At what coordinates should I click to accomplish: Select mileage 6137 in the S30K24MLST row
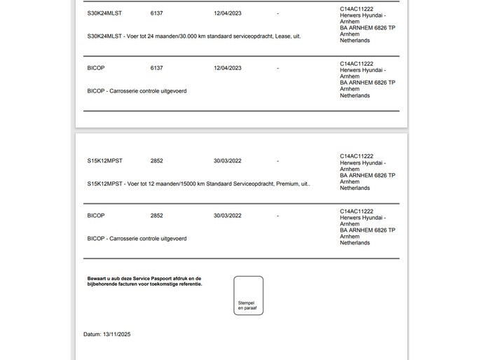click(156, 13)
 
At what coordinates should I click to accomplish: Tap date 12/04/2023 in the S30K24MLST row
click(228, 13)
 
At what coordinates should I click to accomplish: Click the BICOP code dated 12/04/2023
click(96, 68)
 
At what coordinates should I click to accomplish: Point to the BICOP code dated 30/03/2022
click(96, 216)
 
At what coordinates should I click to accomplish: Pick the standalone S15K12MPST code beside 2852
click(105, 161)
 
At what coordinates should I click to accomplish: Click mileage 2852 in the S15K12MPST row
click(156, 161)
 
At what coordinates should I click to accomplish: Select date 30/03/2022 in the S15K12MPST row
click(228, 161)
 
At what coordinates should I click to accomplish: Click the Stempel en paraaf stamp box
click(248, 296)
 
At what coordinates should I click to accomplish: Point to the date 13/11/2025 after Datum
click(116, 335)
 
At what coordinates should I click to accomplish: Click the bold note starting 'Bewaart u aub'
click(144, 282)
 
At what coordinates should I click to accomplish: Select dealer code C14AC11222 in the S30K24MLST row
click(356, 8)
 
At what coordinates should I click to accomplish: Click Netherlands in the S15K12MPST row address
click(355, 188)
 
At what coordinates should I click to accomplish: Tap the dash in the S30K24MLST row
click(278, 13)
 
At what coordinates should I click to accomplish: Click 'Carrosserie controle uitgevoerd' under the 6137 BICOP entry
click(146, 90)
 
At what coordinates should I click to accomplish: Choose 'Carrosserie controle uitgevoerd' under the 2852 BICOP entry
click(146, 238)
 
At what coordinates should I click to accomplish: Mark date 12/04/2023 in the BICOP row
click(228, 68)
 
